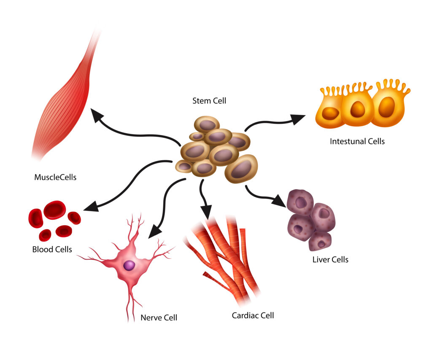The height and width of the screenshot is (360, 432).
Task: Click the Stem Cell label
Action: (x=209, y=101)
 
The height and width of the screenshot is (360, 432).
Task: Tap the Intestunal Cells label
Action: (x=357, y=141)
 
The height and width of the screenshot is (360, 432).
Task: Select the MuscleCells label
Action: (x=55, y=177)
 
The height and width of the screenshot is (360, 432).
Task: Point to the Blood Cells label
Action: (x=52, y=250)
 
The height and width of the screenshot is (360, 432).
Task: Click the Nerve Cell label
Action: (x=159, y=317)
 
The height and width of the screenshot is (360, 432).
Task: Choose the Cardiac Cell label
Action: (x=253, y=315)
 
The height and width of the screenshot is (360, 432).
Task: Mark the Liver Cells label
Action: (x=330, y=260)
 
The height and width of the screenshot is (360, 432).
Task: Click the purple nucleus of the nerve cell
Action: (x=129, y=266)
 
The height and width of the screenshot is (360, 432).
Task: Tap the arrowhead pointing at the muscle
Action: (x=97, y=115)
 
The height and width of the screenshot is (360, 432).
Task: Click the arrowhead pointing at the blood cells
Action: (x=91, y=207)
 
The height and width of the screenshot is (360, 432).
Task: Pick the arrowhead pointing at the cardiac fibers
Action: (x=206, y=212)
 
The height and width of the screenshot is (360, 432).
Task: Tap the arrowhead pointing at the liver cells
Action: (x=279, y=201)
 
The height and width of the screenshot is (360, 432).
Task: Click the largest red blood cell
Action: (x=54, y=210)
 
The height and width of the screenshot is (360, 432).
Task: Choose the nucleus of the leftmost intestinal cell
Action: (x=330, y=113)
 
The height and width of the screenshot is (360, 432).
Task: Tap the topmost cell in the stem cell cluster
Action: (x=207, y=125)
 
